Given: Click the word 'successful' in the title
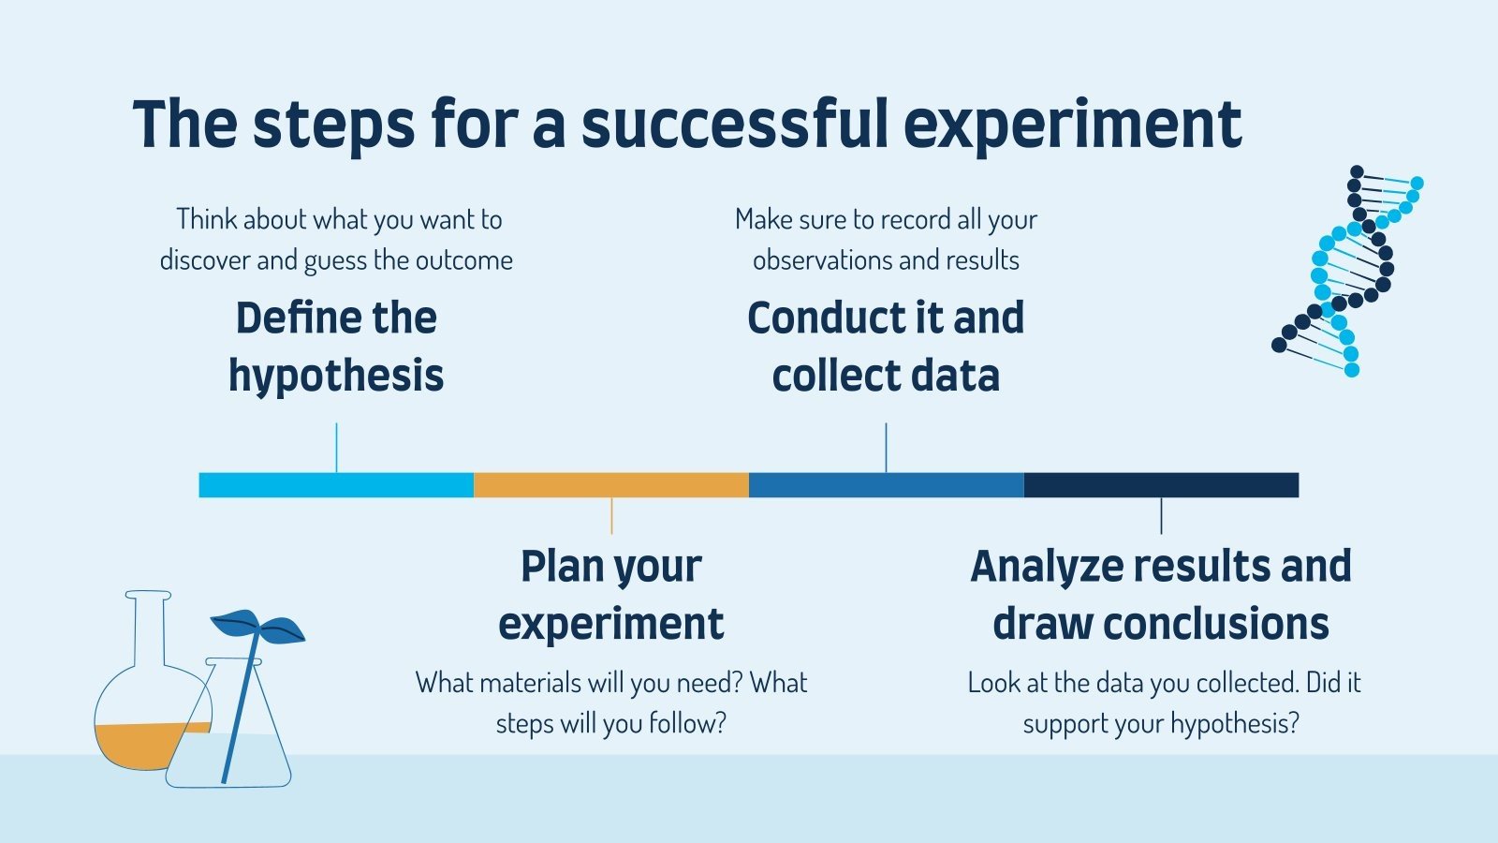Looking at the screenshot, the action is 735,124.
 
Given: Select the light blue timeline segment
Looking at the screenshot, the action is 336,485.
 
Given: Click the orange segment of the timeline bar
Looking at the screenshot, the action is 611,485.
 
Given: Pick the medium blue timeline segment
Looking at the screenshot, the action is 886,485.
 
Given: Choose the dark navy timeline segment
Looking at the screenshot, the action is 1161,485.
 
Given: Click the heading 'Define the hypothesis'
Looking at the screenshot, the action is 336,347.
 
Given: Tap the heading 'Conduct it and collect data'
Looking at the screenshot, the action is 886,347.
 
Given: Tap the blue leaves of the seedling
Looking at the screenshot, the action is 257,627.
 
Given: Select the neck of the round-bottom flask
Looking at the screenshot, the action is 149,629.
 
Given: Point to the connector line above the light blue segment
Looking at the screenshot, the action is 336,448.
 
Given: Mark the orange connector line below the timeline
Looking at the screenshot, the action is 611,516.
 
